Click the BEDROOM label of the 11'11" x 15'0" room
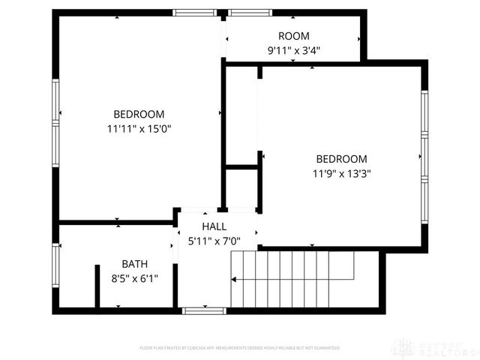click(139, 114)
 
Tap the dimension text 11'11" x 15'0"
click(139, 128)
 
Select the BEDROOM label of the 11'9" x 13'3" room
click(341, 159)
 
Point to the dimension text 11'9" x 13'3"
click(341, 173)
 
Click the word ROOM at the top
click(293, 36)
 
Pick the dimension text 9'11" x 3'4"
click(293, 50)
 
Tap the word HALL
click(214, 226)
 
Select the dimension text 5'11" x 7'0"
click(214, 241)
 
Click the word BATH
click(135, 264)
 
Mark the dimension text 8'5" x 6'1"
click(135, 278)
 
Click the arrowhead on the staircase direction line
click(234, 279)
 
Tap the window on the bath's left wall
click(55, 266)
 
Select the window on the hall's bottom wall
click(205, 310)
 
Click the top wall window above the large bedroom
click(194, 13)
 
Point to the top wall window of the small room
click(250, 13)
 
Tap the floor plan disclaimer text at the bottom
click(240, 348)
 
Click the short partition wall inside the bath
click(97, 285)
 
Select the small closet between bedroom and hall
click(241, 187)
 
